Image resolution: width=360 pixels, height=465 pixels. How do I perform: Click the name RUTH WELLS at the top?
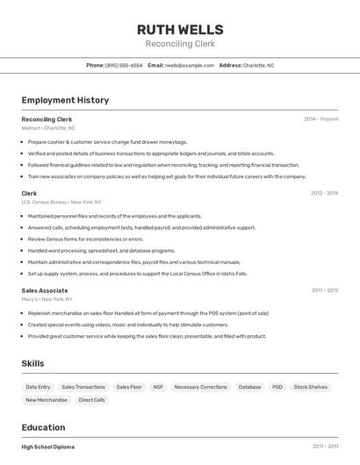180,29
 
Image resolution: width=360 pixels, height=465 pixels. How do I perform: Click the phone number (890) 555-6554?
124,65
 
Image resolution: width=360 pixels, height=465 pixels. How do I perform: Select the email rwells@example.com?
190,65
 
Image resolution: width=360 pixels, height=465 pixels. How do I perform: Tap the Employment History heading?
65,100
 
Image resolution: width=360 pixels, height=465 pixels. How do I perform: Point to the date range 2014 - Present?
320,118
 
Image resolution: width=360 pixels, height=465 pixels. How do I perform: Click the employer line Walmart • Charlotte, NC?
48,128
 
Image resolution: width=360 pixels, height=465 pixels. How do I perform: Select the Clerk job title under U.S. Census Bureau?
29,193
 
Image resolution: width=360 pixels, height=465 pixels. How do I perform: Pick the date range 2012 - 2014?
324,193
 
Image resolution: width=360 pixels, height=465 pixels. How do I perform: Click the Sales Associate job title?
45,290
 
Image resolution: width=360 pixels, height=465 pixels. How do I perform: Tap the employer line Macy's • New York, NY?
47,299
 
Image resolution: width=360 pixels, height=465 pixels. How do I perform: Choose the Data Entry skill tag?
38,387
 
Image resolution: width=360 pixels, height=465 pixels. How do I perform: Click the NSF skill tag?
158,387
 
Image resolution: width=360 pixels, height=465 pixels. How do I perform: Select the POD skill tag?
277,387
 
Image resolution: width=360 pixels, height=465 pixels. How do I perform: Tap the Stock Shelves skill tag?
310,387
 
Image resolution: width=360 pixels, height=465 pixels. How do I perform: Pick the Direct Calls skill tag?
91,400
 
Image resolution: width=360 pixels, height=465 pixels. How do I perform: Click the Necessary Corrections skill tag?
200,387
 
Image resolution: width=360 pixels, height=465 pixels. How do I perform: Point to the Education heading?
45,427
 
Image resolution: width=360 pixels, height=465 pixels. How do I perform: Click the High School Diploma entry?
48,447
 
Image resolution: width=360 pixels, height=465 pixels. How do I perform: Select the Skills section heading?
32,363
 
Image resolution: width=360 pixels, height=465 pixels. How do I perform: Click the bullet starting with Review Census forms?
85,239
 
